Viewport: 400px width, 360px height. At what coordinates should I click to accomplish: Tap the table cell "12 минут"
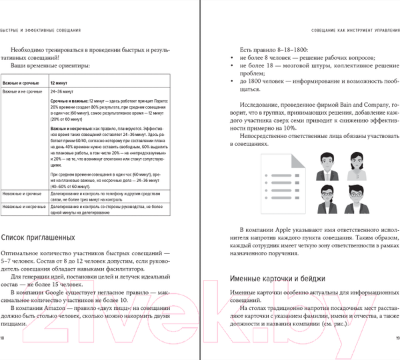(61, 80)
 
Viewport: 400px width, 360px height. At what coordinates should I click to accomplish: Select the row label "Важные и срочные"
(21, 80)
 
